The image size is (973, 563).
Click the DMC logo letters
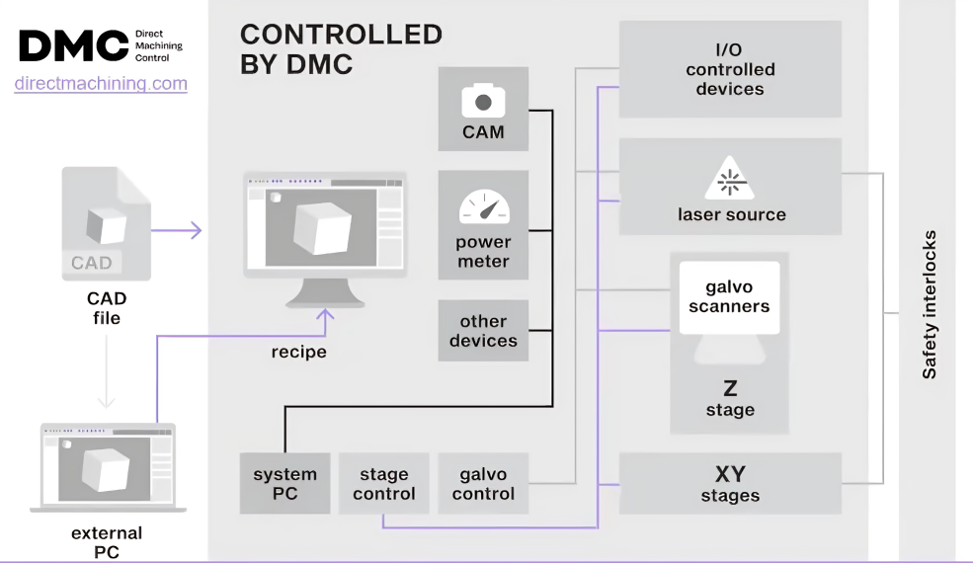point(73,45)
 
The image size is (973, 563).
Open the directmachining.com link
point(101,84)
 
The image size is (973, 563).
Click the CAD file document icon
point(106,223)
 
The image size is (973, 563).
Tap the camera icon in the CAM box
point(483,100)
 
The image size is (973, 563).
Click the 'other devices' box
point(483,331)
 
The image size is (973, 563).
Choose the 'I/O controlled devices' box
point(730,69)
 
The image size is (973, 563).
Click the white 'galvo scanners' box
point(730,297)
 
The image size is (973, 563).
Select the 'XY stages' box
point(730,483)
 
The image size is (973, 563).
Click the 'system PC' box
point(284,483)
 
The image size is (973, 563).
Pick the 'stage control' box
point(384,483)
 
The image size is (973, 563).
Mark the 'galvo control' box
point(483,483)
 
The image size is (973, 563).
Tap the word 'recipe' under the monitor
point(298,352)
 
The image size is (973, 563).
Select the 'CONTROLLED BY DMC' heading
point(341,49)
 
